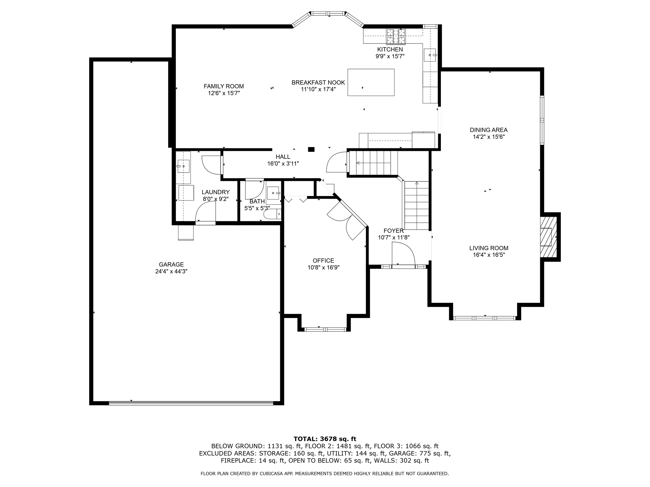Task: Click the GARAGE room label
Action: pos(171,264)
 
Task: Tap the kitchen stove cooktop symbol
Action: pos(396,36)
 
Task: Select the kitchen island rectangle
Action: pos(371,82)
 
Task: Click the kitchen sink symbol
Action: pos(430,55)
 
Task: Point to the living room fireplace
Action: pos(548,237)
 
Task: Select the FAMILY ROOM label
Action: pos(223,86)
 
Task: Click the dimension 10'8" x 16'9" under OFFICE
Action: pos(323,268)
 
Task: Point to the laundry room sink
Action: pos(183,166)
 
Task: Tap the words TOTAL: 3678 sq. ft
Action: pos(325,439)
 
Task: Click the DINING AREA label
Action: pos(488,130)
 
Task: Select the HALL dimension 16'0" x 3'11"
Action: pos(283,164)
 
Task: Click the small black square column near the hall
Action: pos(311,149)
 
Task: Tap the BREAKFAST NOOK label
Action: pos(318,83)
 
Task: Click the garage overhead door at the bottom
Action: pos(191,403)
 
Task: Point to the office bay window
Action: pos(325,329)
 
